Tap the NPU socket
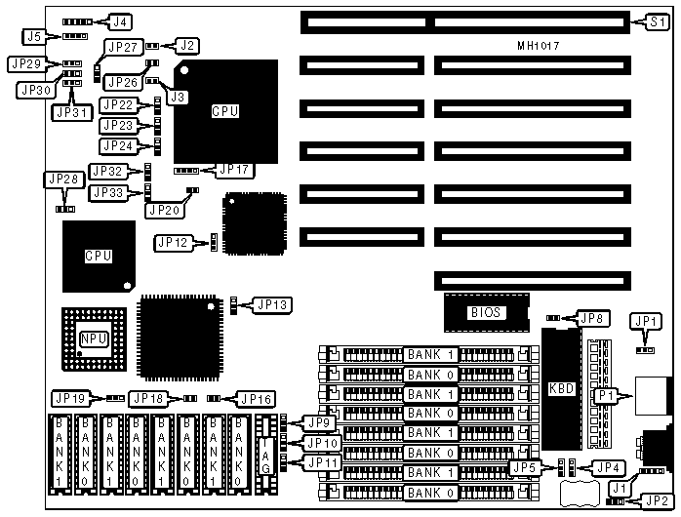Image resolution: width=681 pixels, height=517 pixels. pos(94,338)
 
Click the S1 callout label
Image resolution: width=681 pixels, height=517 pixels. pos(659,20)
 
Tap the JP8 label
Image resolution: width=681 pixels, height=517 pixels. pos(592,317)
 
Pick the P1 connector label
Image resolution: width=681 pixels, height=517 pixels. pos(605,395)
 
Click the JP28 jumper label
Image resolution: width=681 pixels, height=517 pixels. pos(60,179)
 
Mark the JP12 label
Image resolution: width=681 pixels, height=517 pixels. pos(172,241)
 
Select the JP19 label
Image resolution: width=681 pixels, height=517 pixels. pos(69,398)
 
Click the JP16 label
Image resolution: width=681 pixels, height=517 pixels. pos(256,398)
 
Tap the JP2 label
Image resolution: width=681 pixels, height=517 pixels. pos(657,500)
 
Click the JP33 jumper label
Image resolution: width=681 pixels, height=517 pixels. pos(107,192)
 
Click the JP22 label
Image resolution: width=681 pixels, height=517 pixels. pos(118,105)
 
